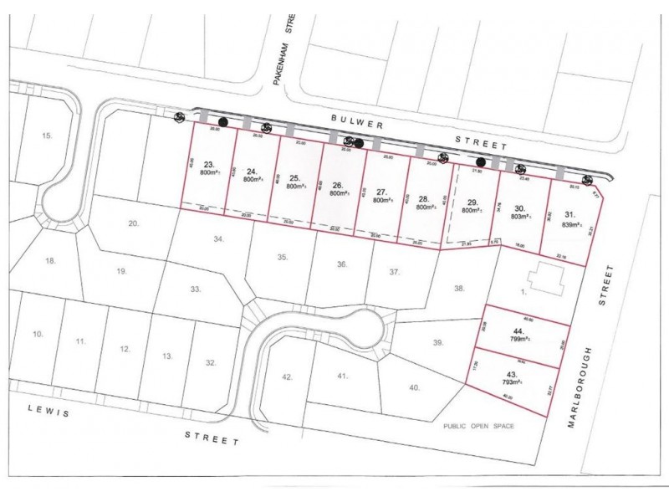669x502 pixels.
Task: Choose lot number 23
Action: pyautogui.click(x=210, y=165)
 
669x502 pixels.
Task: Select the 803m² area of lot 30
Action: pyautogui.click(x=519, y=216)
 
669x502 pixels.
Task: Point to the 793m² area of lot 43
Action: pyautogui.click(x=513, y=382)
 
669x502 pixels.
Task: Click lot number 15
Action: pyautogui.click(x=47, y=135)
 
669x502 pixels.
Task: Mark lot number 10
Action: pyautogui.click(x=38, y=334)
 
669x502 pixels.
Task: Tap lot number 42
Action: pyautogui.click(x=287, y=377)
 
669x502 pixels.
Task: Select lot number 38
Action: pyautogui.click(x=458, y=289)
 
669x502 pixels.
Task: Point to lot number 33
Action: pyautogui.click(x=196, y=289)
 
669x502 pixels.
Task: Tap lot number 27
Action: pyautogui.click(x=381, y=191)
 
